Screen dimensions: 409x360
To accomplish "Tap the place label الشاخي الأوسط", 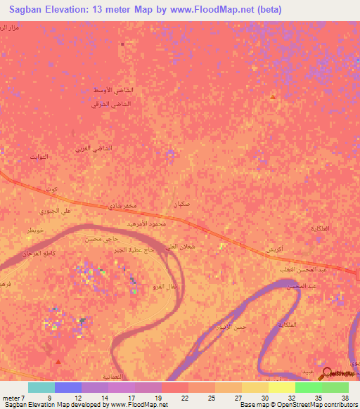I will tap(113, 91).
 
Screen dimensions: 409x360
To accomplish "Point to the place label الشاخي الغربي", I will tap(94, 149).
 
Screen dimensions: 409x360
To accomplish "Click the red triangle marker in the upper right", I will tap(272, 96).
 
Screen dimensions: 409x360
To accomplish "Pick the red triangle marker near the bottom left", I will tap(58, 361).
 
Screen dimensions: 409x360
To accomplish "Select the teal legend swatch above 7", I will tap(41, 387).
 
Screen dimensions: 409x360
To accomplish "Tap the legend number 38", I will tap(344, 398).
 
